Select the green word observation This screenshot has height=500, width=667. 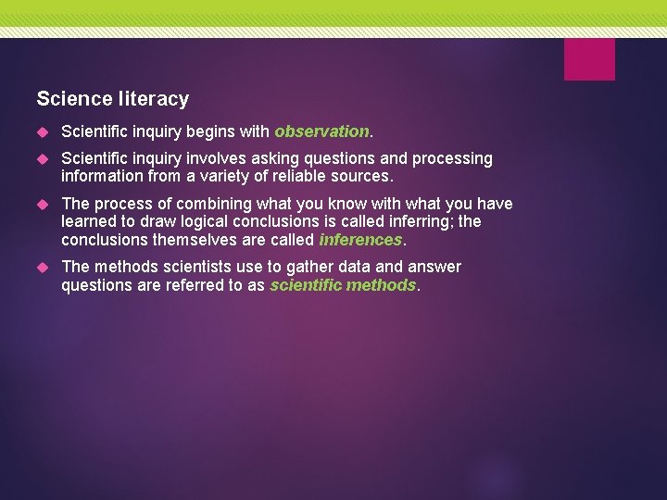click(321, 132)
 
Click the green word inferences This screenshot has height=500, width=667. click(360, 240)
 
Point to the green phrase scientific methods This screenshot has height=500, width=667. click(343, 285)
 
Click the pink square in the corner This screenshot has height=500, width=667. click(589, 59)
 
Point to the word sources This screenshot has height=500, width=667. click(361, 176)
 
